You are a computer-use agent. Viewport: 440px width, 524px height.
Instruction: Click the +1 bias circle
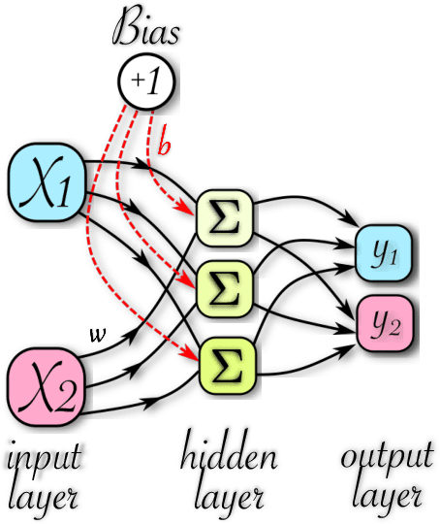146,81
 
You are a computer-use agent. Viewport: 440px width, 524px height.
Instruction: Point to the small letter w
96,335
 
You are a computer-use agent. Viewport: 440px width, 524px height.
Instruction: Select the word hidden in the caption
229,456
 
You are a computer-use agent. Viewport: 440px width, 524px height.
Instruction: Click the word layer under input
46,497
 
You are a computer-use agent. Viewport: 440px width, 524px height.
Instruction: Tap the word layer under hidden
229,497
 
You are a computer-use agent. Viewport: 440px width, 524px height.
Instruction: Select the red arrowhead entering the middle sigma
194,285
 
